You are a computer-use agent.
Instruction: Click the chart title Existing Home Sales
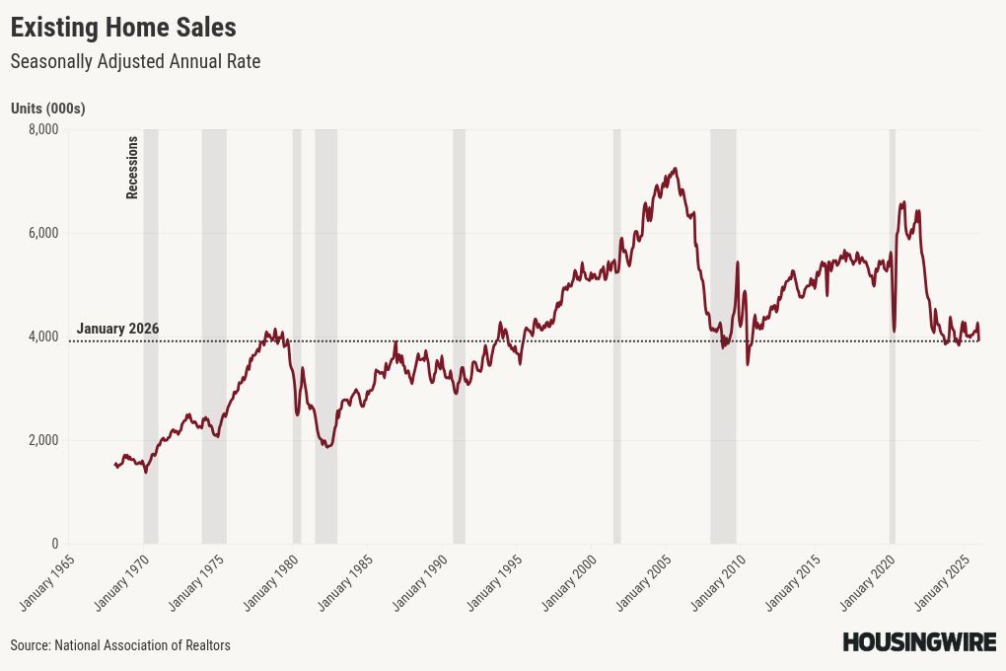[x=123, y=26]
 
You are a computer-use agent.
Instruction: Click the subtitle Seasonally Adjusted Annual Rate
[x=135, y=61]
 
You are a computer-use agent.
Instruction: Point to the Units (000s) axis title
[x=47, y=109]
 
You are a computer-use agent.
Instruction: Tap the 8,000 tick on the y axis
[x=42, y=129]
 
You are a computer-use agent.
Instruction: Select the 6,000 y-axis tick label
[x=42, y=233]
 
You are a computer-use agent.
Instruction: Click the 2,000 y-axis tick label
[x=42, y=440]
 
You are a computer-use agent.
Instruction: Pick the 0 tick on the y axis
[x=54, y=544]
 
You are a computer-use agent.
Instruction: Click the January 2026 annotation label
[x=117, y=329]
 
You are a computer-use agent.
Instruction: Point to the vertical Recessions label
[x=132, y=168]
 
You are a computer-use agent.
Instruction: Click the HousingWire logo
[x=918, y=642]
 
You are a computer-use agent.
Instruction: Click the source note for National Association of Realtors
[x=120, y=645]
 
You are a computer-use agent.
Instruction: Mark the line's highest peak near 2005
[x=675, y=169]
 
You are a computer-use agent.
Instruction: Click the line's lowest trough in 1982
[x=327, y=447]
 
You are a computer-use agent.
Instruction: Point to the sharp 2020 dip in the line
[x=894, y=330]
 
